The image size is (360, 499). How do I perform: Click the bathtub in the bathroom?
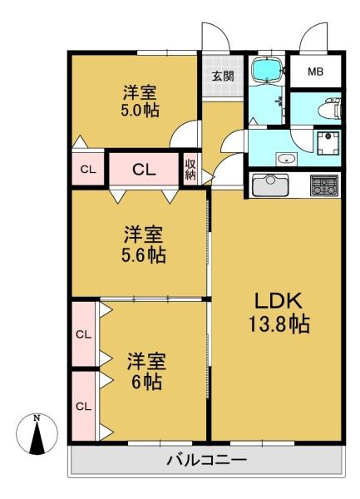pyautogui.click(x=267, y=70)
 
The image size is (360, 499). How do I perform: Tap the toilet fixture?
pyautogui.click(x=329, y=108)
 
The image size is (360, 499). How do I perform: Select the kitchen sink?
pyautogui.click(x=270, y=185)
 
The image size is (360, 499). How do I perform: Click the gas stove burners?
pyautogui.click(x=324, y=185)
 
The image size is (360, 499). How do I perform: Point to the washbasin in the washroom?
pyautogui.click(x=287, y=158)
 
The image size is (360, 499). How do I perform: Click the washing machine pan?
pyautogui.click(x=328, y=143)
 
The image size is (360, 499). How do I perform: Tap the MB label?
pyautogui.click(x=315, y=72)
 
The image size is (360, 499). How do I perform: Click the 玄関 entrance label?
pyautogui.click(x=223, y=76)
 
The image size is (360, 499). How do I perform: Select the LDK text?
pyautogui.click(x=279, y=301)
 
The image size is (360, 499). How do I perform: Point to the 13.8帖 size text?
pyautogui.click(x=279, y=324)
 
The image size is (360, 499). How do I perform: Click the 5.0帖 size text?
pyautogui.click(x=140, y=110)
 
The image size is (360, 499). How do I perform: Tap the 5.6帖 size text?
pyautogui.click(x=144, y=254)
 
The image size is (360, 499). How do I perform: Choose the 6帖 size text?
pyautogui.click(x=146, y=381)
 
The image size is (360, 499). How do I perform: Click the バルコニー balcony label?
pyautogui.click(x=207, y=460)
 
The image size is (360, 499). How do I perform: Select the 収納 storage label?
pyautogui.click(x=190, y=170)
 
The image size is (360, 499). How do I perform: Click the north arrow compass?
pyautogui.click(x=37, y=434)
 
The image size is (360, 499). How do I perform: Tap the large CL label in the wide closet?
pyautogui.click(x=144, y=170)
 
